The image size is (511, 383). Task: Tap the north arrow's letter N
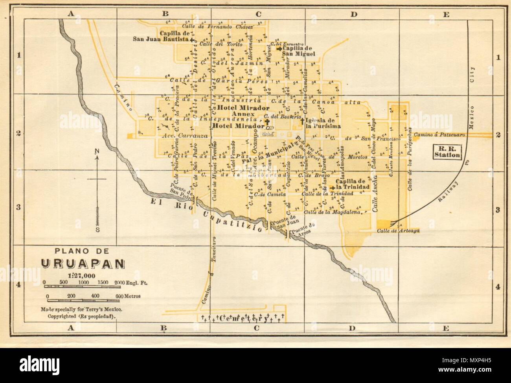[x=97, y=151]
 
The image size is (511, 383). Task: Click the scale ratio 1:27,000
[x=81, y=275]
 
